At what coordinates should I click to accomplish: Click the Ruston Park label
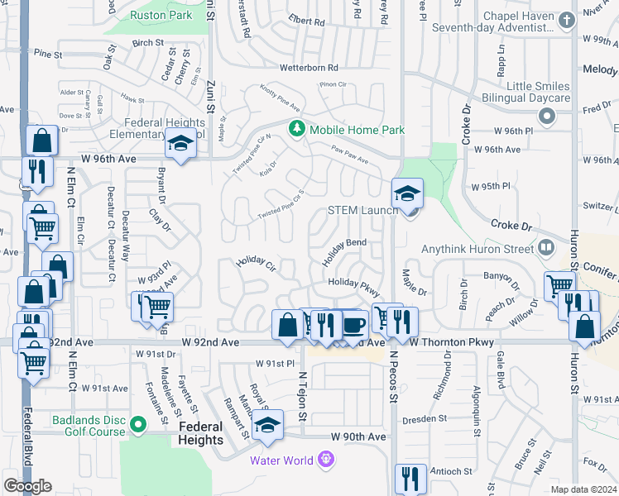click(161, 15)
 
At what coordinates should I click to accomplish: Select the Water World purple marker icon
click(327, 459)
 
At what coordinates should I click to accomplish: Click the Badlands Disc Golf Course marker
click(138, 426)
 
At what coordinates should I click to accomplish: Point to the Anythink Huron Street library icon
click(545, 247)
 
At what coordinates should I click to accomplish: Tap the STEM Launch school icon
click(407, 194)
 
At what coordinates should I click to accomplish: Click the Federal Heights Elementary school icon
click(178, 145)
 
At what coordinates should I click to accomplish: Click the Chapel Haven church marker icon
click(566, 20)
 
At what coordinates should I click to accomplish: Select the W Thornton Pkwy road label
click(450, 342)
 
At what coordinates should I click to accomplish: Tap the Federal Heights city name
click(200, 433)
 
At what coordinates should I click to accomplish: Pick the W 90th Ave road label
click(358, 436)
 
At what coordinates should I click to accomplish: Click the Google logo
click(27, 486)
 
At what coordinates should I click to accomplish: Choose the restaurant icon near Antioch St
click(410, 479)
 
